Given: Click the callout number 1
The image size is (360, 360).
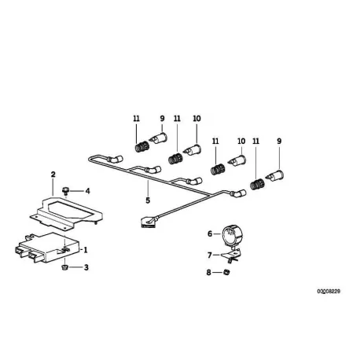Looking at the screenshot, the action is click(x=86, y=250).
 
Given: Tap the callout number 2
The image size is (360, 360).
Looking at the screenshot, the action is click(x=53, y=174).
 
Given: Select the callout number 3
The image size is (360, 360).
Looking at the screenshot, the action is click(x=86, y=267).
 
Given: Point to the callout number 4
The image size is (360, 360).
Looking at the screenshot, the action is click(x=87, y=191).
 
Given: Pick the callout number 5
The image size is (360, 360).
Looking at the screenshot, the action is click(x=148, y=200).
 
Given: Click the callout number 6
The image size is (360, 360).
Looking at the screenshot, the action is click(x=210, y=233).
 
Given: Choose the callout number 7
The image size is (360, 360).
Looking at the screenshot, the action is click(x=210, y=255).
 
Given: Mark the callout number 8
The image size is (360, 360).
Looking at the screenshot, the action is click(x=208, y=273).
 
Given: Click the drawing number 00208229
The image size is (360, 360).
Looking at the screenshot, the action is click(x=329, y=292).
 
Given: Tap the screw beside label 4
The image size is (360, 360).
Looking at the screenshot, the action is click(x=65, y=190).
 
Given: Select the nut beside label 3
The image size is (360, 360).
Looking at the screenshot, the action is click(x=64, y=267).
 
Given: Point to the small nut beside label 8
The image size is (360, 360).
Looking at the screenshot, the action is click(x=226, y=273).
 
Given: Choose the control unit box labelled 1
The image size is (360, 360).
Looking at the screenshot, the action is click(x=47, y=247).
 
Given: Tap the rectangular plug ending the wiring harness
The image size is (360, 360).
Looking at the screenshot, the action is click(x=147, y=222).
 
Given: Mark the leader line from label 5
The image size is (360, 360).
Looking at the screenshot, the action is click(x=148, y=189).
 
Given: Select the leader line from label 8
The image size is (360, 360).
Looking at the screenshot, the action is click(x=218, y=273).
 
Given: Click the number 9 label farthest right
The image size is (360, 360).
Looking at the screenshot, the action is click(x=279, y=141).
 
